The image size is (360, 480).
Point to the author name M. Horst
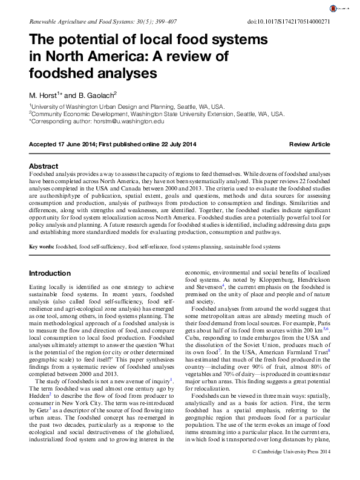pyautogui.click(x=44, y=95)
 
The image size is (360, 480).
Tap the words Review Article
pyautogui.click(x=309, y=144)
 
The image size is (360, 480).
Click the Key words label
pyautogui.click(x=41, y=247)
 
